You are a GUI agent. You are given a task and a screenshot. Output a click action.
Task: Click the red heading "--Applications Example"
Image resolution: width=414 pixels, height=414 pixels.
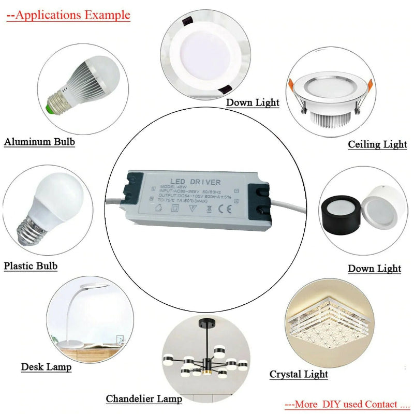[68, 14]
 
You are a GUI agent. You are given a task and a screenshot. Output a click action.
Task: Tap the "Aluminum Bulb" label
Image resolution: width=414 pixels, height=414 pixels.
[40, 142]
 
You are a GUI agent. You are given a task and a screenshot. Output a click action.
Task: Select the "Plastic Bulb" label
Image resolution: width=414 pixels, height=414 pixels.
[31, 266]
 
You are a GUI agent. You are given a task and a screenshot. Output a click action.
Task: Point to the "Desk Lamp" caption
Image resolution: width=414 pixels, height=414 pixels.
[46, 367]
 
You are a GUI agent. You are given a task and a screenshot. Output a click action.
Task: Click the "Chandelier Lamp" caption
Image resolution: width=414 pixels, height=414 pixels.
[144, 398]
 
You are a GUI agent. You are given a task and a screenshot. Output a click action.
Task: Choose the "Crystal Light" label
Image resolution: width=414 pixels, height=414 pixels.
[299, 374]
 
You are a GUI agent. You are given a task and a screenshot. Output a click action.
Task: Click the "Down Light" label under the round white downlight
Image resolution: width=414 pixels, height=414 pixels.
[253, 102]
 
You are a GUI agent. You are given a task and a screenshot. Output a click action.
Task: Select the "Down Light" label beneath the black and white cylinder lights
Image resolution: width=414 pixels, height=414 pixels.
[374, 268]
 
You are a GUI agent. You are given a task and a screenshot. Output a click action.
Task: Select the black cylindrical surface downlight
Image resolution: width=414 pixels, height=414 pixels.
[343, 214]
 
